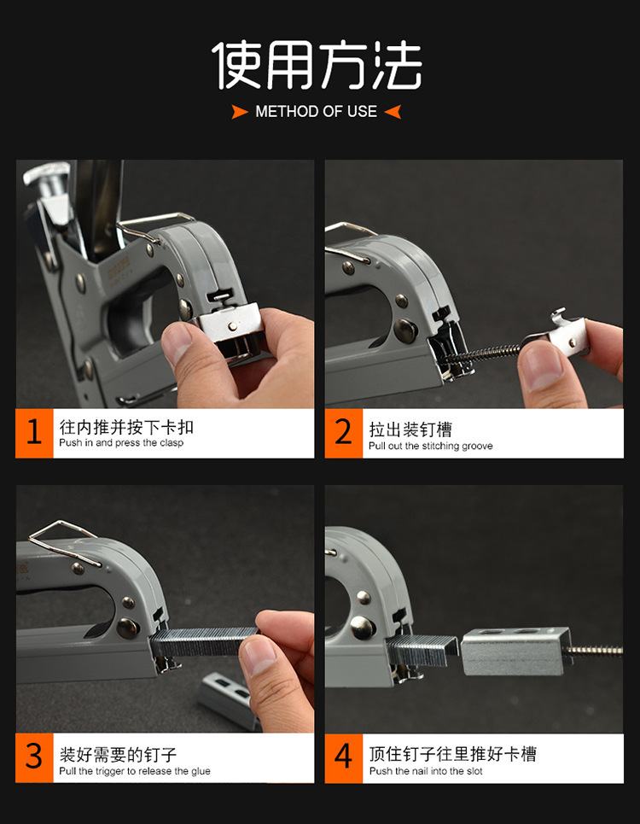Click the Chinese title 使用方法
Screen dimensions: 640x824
(317, 65)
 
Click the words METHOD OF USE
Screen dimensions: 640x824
(316, 111)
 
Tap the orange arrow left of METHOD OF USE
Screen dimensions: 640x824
(240, 111)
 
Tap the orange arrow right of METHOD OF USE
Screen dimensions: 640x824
(393, 111)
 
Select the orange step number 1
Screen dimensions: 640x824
(34, 433)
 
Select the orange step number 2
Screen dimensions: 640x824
(343, 433)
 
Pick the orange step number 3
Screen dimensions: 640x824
(34, 757)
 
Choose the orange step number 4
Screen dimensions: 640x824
(343, 757)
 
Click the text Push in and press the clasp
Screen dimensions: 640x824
(121, 443)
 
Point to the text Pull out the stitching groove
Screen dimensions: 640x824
(431, 447)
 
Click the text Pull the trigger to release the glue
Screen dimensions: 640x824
(135, 771)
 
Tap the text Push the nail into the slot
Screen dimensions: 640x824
(426, 771)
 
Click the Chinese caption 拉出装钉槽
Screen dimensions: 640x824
(410, 430)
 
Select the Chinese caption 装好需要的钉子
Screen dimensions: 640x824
(118, 755)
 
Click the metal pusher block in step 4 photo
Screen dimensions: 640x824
(515, 652)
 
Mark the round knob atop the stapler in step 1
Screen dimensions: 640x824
(47, 174)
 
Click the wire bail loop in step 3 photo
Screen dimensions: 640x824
(64, 542)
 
